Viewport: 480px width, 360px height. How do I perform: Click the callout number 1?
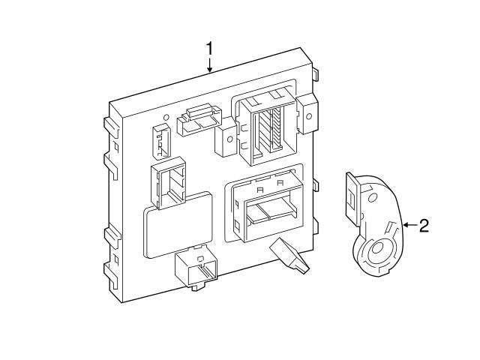click(x=210, y=49)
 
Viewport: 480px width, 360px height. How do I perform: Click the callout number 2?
click(x=424, y=226)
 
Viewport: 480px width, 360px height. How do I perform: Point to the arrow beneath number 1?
click(x=210, y=66)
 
